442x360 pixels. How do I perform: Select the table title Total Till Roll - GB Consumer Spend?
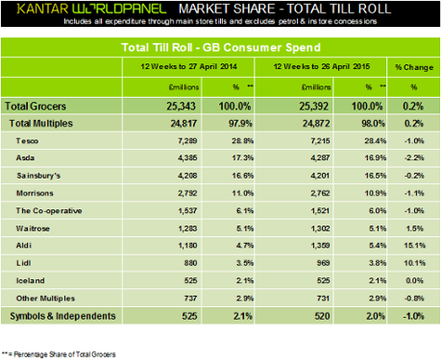click(x=221, y=45)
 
